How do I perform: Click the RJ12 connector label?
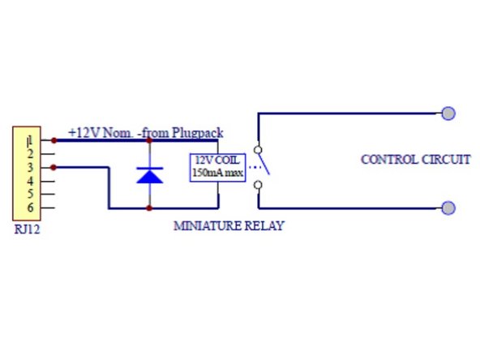click(x=27, y=229)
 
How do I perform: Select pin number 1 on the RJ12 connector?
click(x=29, y=140)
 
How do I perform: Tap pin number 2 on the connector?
click(x=29, y=153)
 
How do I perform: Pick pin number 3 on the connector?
click(x=29, y=167)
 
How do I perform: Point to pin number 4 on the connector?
click(x=29, y=181)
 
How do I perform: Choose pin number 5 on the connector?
click(x=29, y=194)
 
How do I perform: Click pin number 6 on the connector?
click(x=29, y=208)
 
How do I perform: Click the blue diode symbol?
click(x=149, y=174)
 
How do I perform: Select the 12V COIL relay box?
click(x=217, y=166)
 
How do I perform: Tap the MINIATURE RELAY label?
click(x=229, y=226)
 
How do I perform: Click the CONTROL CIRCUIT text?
click(x=415, y=159)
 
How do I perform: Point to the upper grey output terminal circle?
click(x=448, y=113)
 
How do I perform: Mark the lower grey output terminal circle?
click(x=448, y=208)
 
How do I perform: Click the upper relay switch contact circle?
click(x=258, y=149)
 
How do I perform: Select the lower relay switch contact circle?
click(x=258, y=186)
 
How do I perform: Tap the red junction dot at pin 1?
click(x=54, y=140)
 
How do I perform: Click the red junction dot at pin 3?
click(x=54, y=167)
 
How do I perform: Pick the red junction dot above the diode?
click(x=149, y=140)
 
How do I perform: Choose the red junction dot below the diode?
click(x=149, y=208)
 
